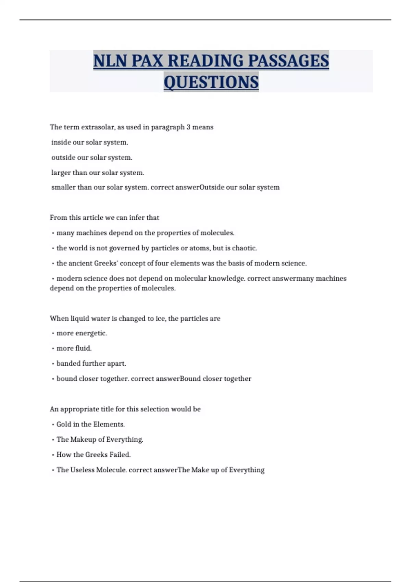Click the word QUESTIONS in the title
pyautogui.click(x=211, y=82)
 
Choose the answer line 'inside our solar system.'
pyautogui.click(x=89, y=142)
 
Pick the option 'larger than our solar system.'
pyautogui.click(x=97, y=173)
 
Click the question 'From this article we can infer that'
pyautogui.click(x=104, y=217)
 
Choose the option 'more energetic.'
pyautogui.click(x=82, y=333)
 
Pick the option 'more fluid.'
pyautogui.click(x=74, y=348)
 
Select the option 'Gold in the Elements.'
pyautogui.click(x=90, y=424)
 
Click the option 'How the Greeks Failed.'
pyautogui.click(x=94, y=455)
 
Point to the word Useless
pyautogui.click(x=82, y=470)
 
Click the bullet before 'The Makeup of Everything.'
pyautogui.click(x=53, y=440)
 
